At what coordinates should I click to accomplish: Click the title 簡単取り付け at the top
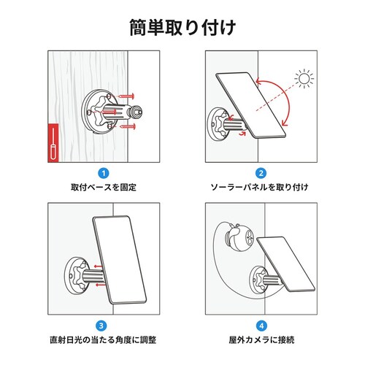(x=182, y=28)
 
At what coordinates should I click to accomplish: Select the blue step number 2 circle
(x=261, y=173)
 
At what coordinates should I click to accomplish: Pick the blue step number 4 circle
(x=261, y=326)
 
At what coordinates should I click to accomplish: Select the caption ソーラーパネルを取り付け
(x=261, y=188)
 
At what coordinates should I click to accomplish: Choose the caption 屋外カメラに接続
(x=261, y=341)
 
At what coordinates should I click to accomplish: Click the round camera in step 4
(x=238, y=238)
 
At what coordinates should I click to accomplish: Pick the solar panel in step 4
(x=287, y=262)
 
